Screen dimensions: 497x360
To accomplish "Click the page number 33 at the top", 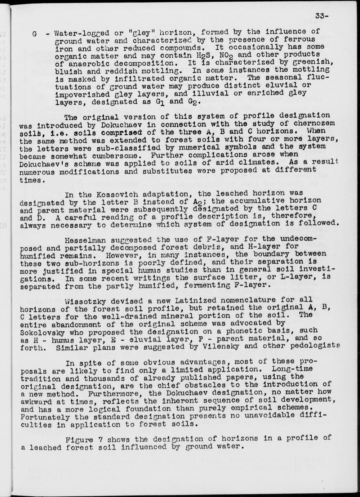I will [320, 15].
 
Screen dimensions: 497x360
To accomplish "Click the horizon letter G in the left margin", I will [35, 35].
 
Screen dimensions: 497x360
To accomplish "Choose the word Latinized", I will [167, 300].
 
